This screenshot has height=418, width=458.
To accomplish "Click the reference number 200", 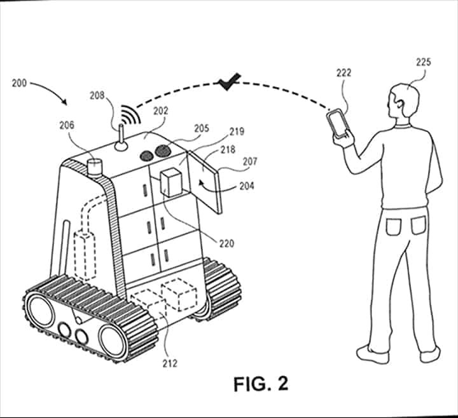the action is click(x=19, y=83).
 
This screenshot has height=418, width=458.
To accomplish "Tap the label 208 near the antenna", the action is click(x=97, y=95).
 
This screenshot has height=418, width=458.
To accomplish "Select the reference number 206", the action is click(x=67, y=125).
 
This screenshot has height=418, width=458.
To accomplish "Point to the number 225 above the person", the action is click(x=424, y=62).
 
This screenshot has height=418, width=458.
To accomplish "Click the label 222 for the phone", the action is click(x=343, y=72).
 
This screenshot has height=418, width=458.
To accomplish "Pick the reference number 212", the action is click(x=170, y=363).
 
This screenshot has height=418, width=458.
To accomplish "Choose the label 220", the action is click(x=226, y=243).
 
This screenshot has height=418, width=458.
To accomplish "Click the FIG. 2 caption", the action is click(x=261, y=384).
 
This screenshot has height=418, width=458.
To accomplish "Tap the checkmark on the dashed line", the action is click(x=230, y=82).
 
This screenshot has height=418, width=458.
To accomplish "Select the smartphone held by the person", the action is click(x=338, y=123).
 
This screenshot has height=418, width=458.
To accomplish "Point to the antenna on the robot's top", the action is click(x=121, y=138).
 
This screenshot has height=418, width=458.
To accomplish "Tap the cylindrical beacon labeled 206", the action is click(x=95, y=167).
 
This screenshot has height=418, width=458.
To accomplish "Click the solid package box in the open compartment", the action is click(x=171, y=182).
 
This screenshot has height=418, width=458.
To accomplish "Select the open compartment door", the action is click(x=205, y=182).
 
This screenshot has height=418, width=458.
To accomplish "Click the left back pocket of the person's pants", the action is click(x=392, y=227).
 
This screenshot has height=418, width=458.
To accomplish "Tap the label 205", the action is click(x=202, y=128).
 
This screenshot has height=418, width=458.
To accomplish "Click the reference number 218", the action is click(x=228, y=150).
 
